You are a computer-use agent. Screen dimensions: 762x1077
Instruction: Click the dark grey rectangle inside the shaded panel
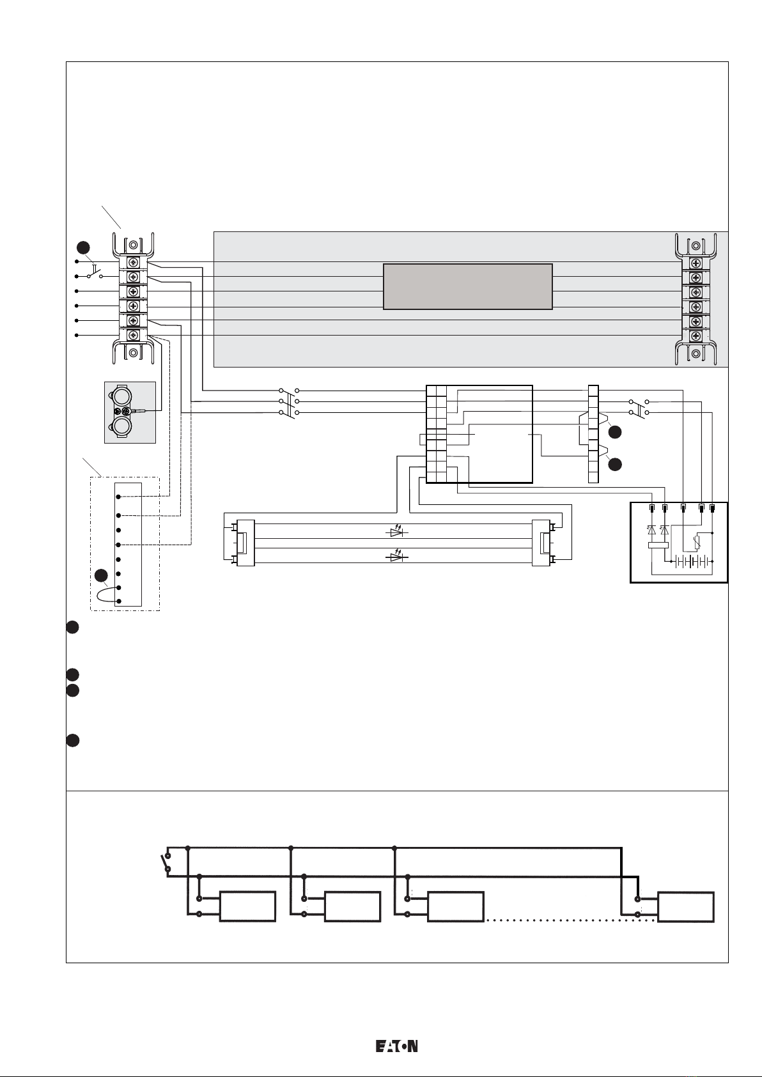[x=468, y=286]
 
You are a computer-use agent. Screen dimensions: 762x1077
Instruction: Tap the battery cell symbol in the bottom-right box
[x=692, y=562]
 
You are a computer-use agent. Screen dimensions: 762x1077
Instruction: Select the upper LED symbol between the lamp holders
[x=397, y=532]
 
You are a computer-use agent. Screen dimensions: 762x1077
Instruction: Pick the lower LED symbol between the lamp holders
[x=397, y=556]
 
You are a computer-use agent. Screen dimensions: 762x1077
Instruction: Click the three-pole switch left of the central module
[x=289, y=402]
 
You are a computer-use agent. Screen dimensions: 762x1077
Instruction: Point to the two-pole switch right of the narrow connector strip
[x=639, y=407]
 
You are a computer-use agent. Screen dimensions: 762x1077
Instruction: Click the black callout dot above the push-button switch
[x=83, y=247]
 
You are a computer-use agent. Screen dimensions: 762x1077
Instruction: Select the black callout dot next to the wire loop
[x=101, y=575]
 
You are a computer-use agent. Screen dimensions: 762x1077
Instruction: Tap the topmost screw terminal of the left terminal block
[x=134, y=263]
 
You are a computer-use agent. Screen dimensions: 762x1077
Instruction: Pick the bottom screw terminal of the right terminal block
[x=696, y=336]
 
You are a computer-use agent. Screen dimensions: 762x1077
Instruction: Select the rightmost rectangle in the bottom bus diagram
[x=685, y=907]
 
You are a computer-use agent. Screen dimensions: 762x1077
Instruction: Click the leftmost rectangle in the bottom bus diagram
[x=247, y=906]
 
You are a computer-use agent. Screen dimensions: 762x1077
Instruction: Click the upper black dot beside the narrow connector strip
[x=615, y=432]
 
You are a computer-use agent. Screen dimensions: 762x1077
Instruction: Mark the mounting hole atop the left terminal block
[x=134, y=245]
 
